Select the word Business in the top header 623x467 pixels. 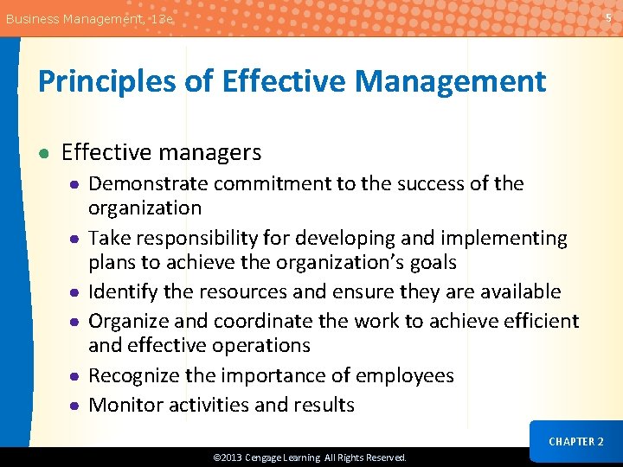point(32,18)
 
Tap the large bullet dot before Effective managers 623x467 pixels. point(43,154)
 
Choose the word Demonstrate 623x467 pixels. point(146,183)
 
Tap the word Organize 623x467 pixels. point(128,321)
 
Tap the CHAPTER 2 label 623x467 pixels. point(575,441)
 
